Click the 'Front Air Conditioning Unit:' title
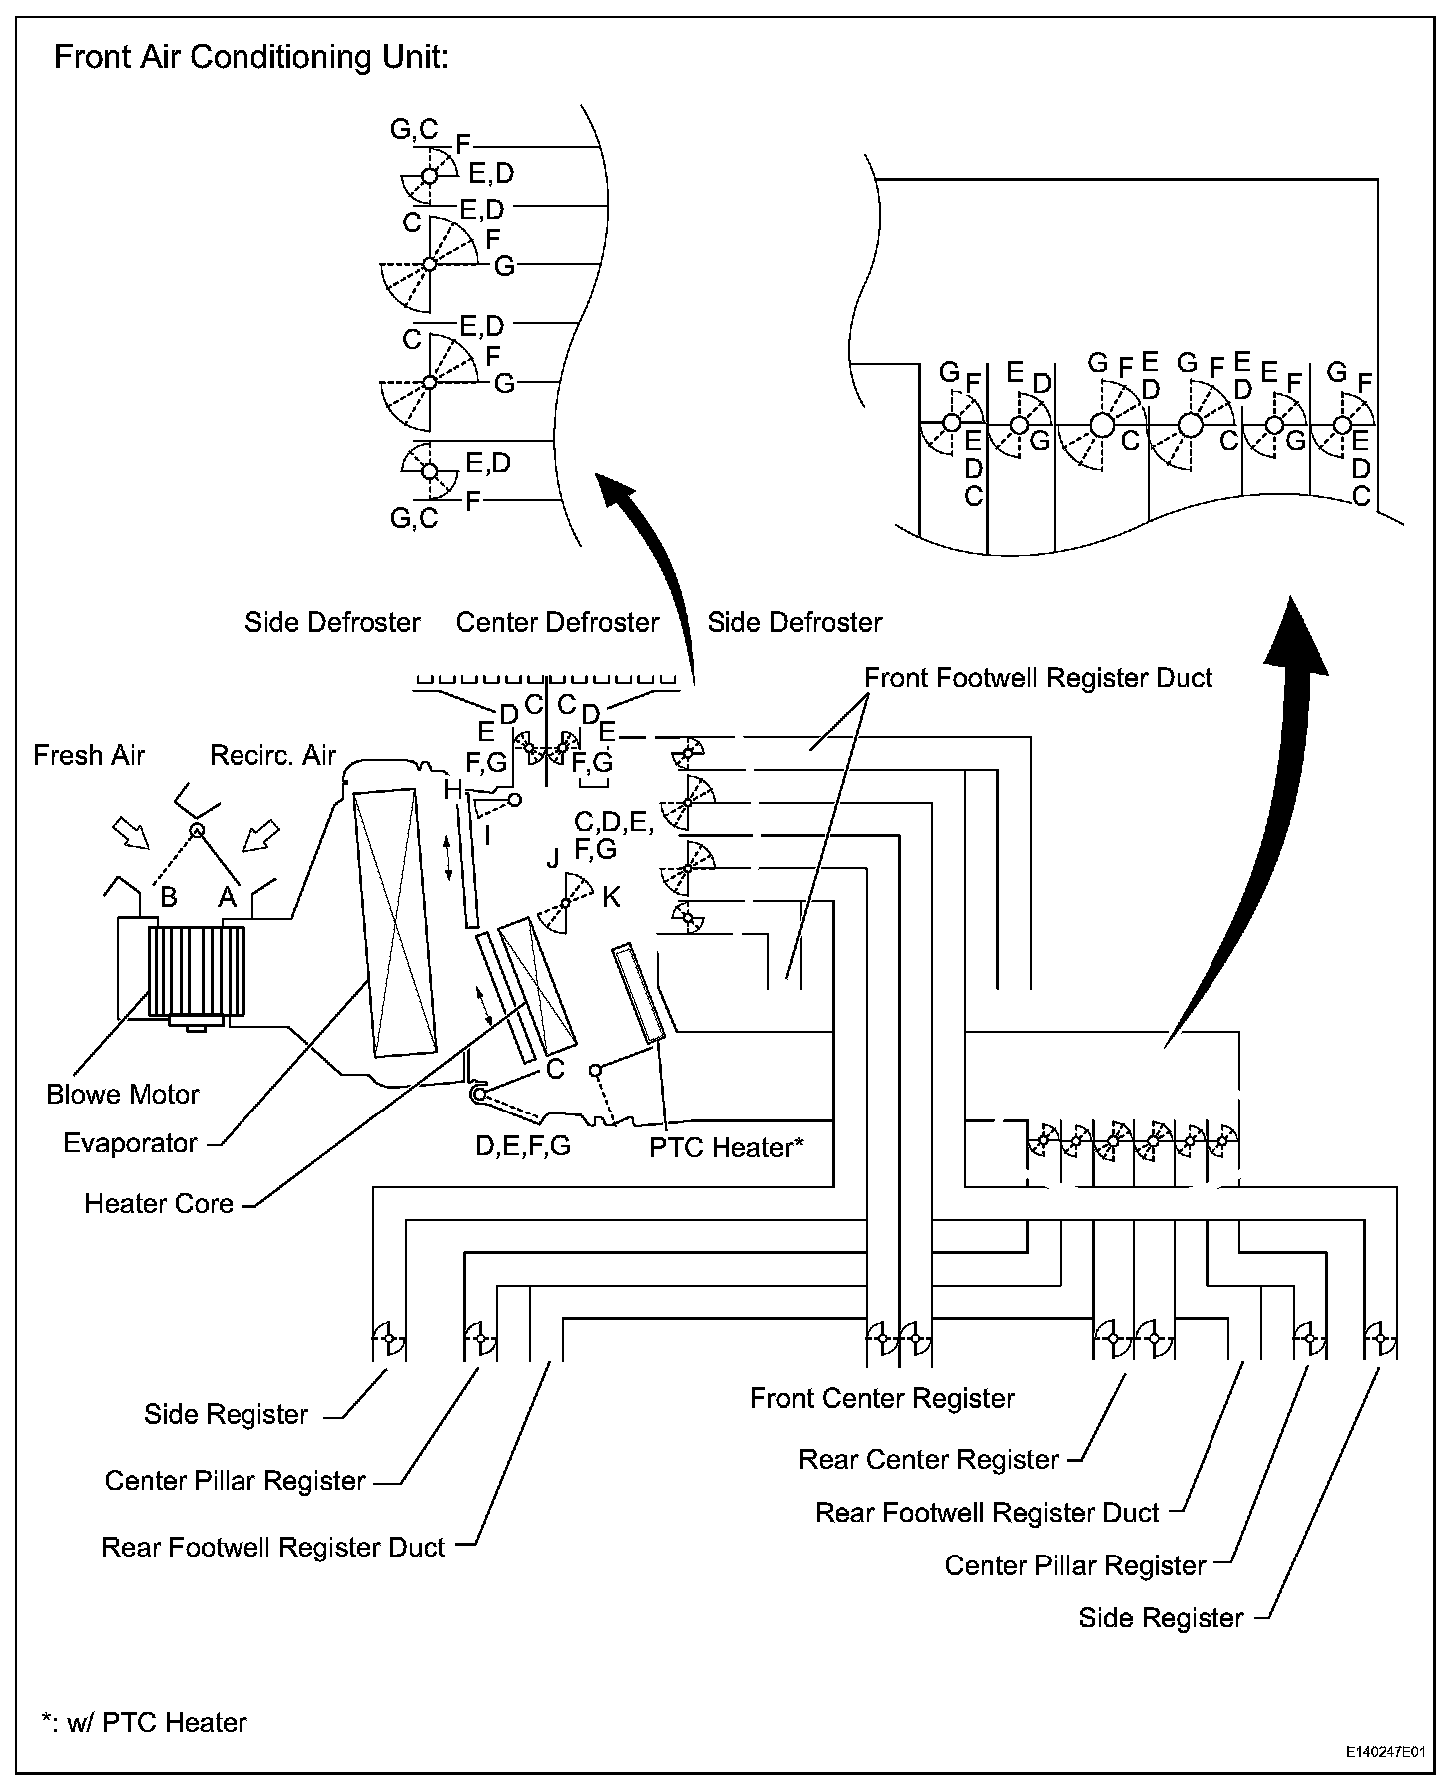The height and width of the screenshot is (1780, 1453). click(251, 57)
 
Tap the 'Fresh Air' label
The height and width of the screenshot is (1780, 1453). click(89, 755)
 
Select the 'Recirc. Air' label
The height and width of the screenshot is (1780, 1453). click(272, 755)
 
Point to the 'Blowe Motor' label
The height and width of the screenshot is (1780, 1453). click(123, 1094)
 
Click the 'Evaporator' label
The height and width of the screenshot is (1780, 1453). click(130, 1142)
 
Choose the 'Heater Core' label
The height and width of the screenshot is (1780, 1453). click(159, 1203)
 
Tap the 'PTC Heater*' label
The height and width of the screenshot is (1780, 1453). click(726, 1147)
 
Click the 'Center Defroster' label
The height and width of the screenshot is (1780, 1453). click(557, 622)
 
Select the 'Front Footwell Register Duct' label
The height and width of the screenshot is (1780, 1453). click(1038, 678)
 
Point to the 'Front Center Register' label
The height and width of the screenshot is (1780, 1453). click(882, 1398)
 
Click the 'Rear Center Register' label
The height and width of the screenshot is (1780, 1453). click(928, 1459)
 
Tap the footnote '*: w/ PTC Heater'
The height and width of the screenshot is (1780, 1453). click(144, 1722)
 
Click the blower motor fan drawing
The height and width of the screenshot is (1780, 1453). click(196, 971)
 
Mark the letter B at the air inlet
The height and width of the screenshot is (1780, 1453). click(168, 897)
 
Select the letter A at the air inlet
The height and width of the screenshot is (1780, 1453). click(228, 897)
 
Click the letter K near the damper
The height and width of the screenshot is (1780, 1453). click(611, 897)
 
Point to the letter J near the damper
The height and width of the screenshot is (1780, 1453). click(553, 858)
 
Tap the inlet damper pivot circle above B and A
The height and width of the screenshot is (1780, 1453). click(197, 830)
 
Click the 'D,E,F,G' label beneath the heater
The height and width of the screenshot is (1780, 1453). click(523, 1146)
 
